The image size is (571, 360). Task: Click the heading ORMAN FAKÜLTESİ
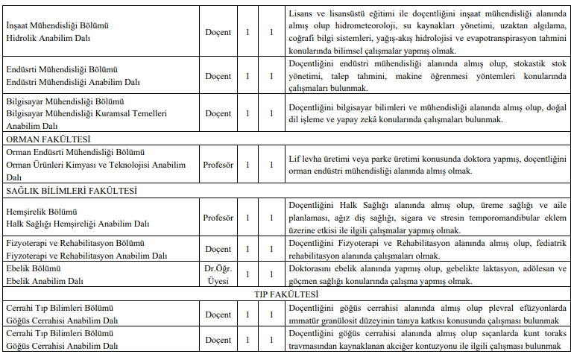48,139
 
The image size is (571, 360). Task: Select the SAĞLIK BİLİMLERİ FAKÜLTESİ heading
72,191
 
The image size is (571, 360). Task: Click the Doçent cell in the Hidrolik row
218,33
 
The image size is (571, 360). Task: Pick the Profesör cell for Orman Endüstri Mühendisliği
218,165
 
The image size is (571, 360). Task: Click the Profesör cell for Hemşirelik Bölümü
218,218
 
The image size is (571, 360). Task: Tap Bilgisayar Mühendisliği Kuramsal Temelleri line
86,113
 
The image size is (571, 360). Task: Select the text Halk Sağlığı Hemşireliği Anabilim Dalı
78,224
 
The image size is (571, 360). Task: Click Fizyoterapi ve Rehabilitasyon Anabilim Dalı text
86,255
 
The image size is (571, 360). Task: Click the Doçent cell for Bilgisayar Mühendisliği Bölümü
218,113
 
